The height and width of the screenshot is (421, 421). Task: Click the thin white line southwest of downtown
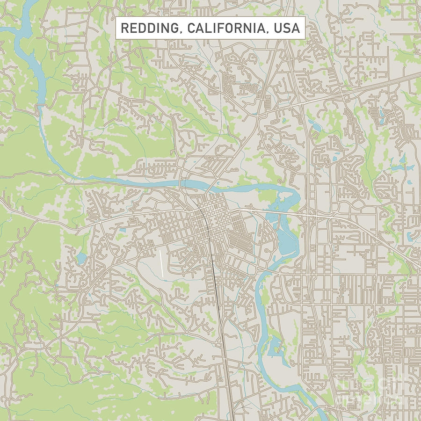(162, 263)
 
